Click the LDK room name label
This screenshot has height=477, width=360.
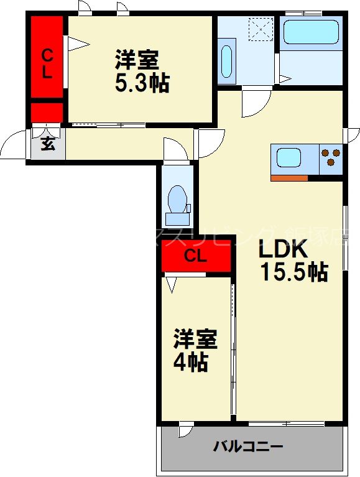(x=282, y=249)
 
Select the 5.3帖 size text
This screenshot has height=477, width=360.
(x=141, y=83)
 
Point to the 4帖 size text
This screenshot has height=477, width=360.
(x=190, y=363)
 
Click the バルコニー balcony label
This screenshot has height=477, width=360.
(x=248, y=446)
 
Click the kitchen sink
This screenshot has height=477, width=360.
(x=289, y=158)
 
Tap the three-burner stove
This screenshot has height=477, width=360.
(x=331, y=158)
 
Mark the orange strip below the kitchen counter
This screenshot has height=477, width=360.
(x=289, y=178)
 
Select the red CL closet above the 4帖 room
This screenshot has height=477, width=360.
(x=195, y=256)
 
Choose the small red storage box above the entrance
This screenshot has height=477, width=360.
(x=47, y=113)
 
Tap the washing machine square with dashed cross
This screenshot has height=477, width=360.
(x=261, y=28)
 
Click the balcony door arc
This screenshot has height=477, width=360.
(x=185, y=429)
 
